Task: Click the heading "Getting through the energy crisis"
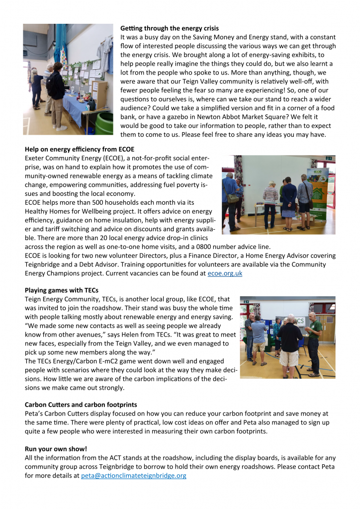(170, 28)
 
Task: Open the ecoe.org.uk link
(225, 273)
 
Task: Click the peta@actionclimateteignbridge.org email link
(134, 476)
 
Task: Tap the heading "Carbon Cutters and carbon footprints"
(81, 405)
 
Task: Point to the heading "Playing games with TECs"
(62, 290)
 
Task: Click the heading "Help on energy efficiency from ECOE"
(80, 149)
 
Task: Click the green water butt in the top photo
(104, 123)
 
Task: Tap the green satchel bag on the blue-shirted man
(232, 197)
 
